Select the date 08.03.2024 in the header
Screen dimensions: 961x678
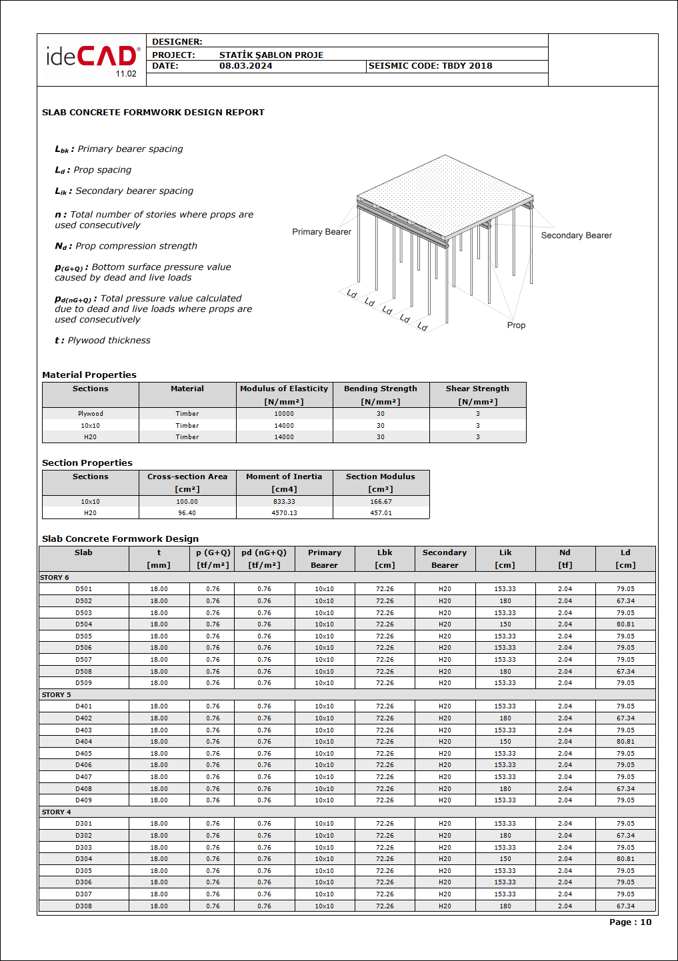(245, 66)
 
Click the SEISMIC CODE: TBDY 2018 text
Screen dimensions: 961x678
(430, 66)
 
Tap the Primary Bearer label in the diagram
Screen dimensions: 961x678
(321, 232)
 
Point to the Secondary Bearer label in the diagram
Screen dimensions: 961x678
(576, 235)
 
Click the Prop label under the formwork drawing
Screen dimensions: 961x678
(516, 325)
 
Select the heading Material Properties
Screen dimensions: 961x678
(89, 375)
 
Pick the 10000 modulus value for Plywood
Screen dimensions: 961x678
(284, 414)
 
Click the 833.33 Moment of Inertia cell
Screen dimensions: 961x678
(284, 502)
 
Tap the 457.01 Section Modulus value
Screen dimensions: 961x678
(381, 513)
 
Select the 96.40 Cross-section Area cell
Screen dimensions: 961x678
(187, 513)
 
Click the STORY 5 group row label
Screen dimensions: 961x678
(56, 695)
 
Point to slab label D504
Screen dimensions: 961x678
(83, 624)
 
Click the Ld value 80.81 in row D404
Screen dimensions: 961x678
(625, 742)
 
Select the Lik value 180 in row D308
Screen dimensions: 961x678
(505, 906)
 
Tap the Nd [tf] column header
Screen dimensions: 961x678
(565, 558)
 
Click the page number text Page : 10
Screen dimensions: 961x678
(630, 922)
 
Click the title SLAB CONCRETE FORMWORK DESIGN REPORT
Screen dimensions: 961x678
(153, 113)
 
